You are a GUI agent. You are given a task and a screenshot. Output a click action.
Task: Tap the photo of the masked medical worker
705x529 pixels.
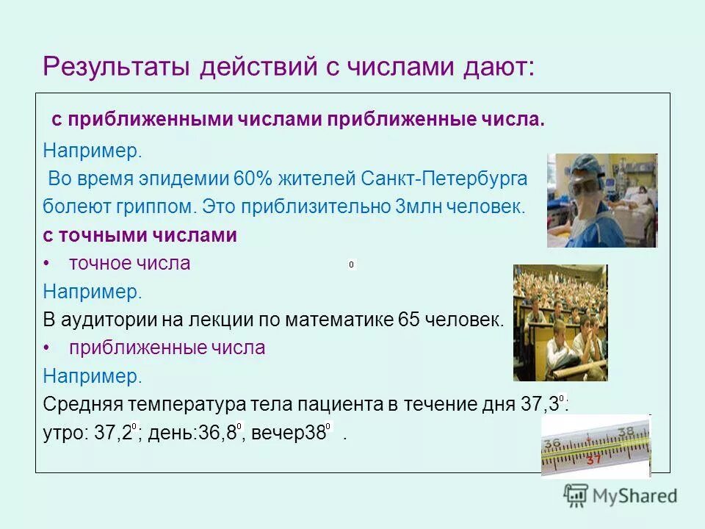click(601, 200)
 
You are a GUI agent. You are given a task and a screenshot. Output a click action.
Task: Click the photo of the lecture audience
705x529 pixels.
click(560, 323)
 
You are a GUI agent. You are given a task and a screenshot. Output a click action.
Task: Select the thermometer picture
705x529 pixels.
click(596, 446)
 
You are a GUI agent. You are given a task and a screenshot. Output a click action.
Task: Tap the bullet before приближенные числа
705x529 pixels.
click(47, 348)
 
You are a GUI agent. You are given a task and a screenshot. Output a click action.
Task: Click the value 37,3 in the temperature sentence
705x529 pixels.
click(540, 405)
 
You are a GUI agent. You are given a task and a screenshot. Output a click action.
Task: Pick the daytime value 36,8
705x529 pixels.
click(218, 433)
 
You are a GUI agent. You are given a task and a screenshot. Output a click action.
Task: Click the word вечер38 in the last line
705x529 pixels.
click(289, 433)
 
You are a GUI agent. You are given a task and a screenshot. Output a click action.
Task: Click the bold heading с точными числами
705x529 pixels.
click(140, 236)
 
